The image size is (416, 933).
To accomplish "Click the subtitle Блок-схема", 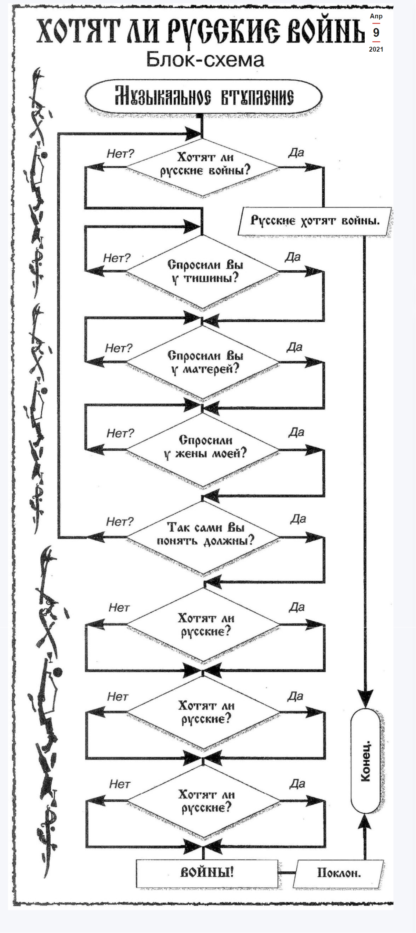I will coord(205,60).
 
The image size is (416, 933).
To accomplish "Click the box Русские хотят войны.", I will coord(315,221).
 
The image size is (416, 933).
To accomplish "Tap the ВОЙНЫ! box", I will coord(207,873).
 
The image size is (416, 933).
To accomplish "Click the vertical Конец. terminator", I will coord(366,761).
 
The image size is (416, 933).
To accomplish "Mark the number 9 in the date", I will coord(376,33).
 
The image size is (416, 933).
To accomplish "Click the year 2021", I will coord(376,49).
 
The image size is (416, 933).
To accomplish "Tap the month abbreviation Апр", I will coord(376,16).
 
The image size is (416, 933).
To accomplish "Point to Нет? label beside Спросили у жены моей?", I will coord(120,433).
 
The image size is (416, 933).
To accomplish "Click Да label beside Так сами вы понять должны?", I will coord(298,519).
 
